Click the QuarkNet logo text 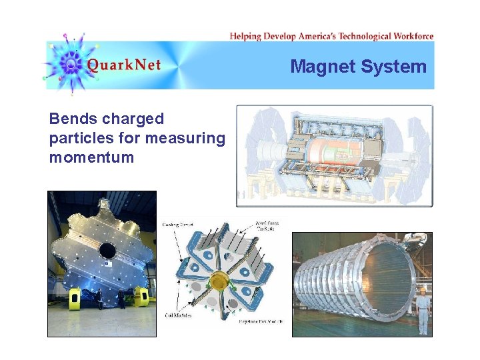tap(123, 65)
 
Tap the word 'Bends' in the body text tap(71, 119)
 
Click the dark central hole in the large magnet tap(106, 251)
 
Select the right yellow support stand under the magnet tap(141, 297)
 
